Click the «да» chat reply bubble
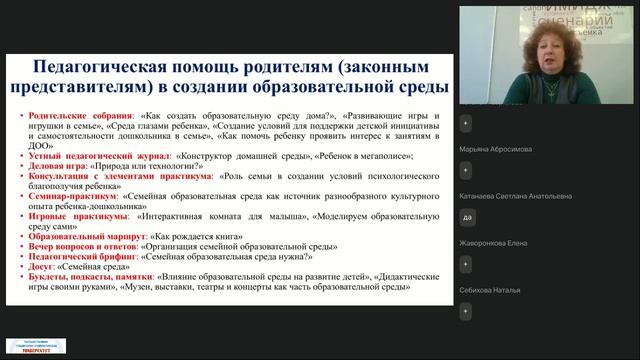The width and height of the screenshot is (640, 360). tap(467, 217)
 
